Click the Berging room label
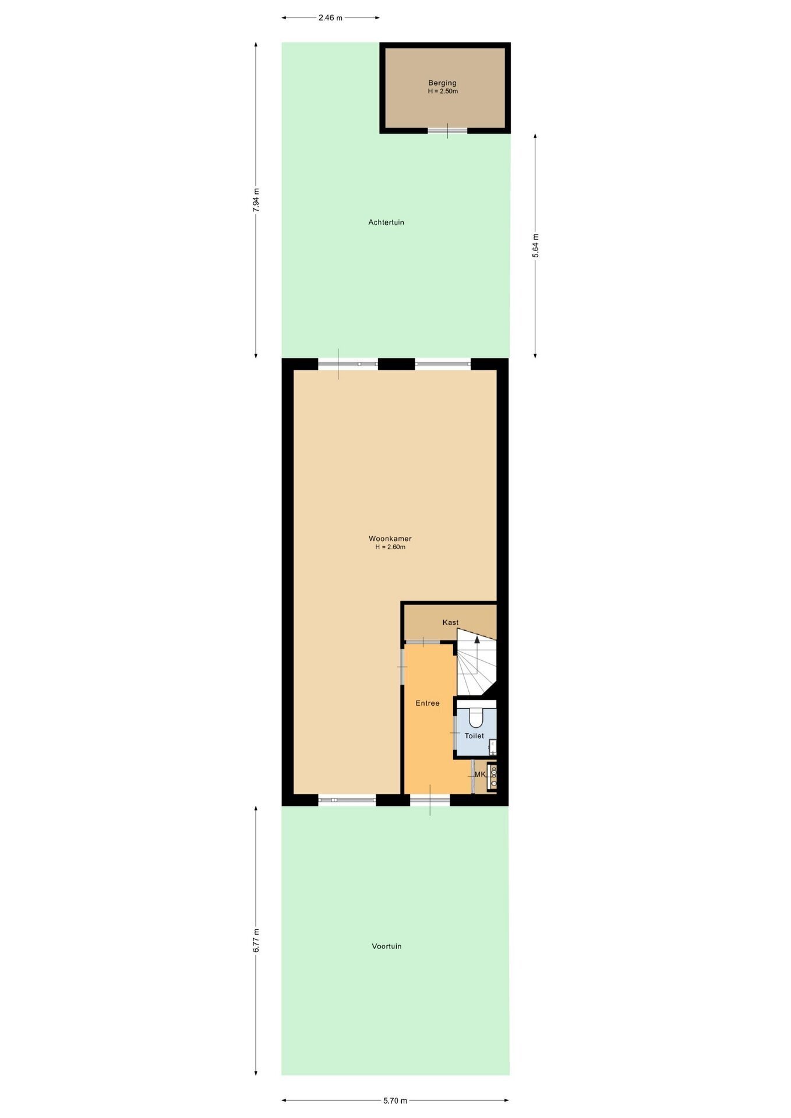point(442,83)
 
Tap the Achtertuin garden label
point(386,222)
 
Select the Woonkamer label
point(390,539)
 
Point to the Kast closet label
point(450,622)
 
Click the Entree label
point(428,703)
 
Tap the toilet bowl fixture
point(476,717)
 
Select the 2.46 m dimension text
point(330,17)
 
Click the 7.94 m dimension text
point(256,200)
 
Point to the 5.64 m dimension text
point(536,246)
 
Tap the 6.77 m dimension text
point(256,940)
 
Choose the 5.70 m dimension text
point(395,1101)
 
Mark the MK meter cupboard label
point(480,774)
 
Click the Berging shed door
point(447,131)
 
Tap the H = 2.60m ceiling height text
point(390,547)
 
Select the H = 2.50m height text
point(443,91)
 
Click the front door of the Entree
point(430,800)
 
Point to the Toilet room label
point(474,736)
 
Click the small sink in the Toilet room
point(492,747)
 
